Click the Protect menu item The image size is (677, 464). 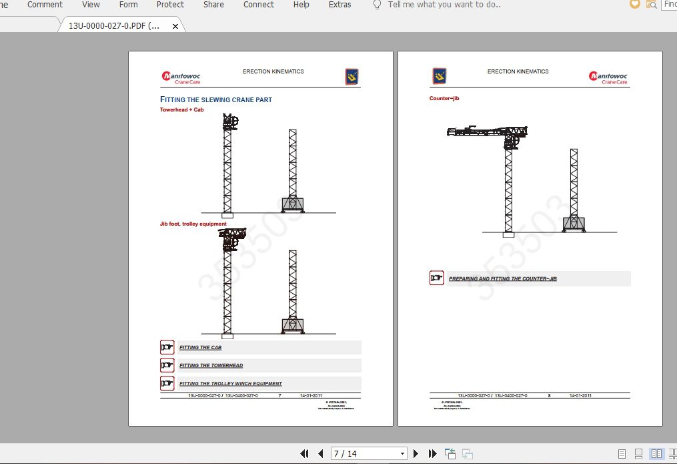(170, 5)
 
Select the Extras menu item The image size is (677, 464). (340, 5)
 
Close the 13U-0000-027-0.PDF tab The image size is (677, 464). (175, 26)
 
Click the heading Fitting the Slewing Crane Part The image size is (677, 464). (216, 99)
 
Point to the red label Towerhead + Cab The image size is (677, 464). (181, 109)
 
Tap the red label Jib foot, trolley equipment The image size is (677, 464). (193, 224)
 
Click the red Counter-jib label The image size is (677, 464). (444, 98)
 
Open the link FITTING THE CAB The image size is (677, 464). (200, 348)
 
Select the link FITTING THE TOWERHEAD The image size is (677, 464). (211, 366)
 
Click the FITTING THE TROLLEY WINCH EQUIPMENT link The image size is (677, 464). (230, 384)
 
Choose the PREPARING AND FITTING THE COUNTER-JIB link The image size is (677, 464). (502, 278)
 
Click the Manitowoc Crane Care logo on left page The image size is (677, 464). (181, 77)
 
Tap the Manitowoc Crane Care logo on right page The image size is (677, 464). (608, 77)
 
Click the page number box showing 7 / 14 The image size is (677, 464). (368, 453)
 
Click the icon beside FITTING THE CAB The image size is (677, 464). (167, 347)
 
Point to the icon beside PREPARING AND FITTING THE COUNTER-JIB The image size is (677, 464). (437, 278)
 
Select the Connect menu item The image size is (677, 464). (259, 5)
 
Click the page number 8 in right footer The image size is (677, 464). (549, 396)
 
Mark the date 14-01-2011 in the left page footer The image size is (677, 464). (311, 396)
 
